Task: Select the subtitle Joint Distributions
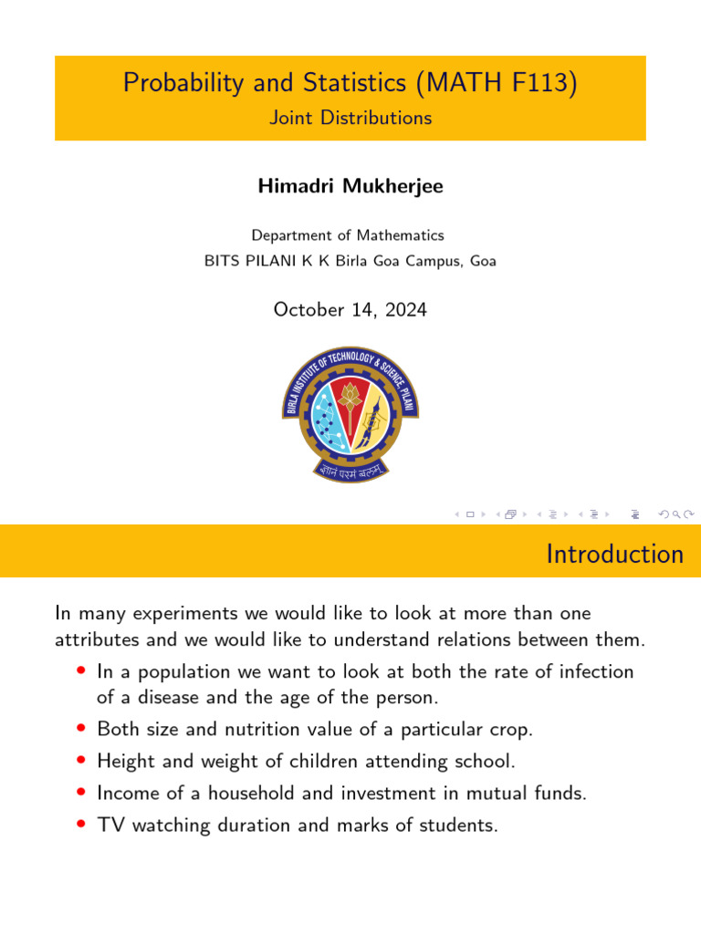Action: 350,118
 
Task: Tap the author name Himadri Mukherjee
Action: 350,186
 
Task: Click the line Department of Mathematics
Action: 348,235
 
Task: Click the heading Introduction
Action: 614,554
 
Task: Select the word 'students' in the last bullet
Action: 454,825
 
